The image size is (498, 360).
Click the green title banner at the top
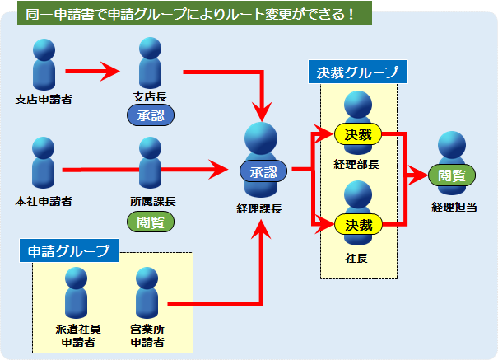point(194,13)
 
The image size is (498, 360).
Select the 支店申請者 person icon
point(44,64)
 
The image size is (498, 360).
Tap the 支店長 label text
point(150,97)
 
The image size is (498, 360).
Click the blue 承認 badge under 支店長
point(151,115)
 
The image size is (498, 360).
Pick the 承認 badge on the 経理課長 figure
point(263,171)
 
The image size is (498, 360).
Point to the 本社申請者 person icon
point(43,162)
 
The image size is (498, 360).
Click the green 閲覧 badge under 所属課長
point(151,222)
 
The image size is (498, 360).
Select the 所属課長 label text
point(153,202)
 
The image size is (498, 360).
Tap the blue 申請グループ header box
point(69,250)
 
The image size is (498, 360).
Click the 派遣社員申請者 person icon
point(77,292)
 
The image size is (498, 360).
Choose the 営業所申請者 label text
point(147,335)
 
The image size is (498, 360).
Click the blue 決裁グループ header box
point(358,72)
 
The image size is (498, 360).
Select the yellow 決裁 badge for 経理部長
point(358,134)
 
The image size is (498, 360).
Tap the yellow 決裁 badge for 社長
point(359,225)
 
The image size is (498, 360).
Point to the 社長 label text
point(356,258)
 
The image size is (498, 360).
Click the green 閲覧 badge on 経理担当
point(452,175)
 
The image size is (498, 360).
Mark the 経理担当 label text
point(454,207)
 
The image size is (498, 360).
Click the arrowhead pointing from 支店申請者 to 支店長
point(110,71)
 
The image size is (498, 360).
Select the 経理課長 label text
point(259,208)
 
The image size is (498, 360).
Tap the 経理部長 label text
point(356,164)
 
